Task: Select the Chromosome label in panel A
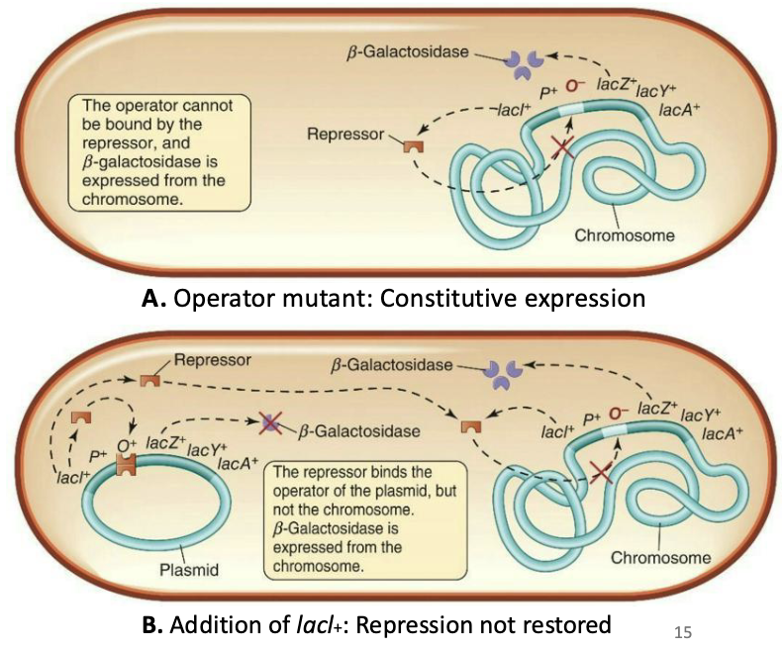(625, 235)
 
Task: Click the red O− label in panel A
(577, 86)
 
